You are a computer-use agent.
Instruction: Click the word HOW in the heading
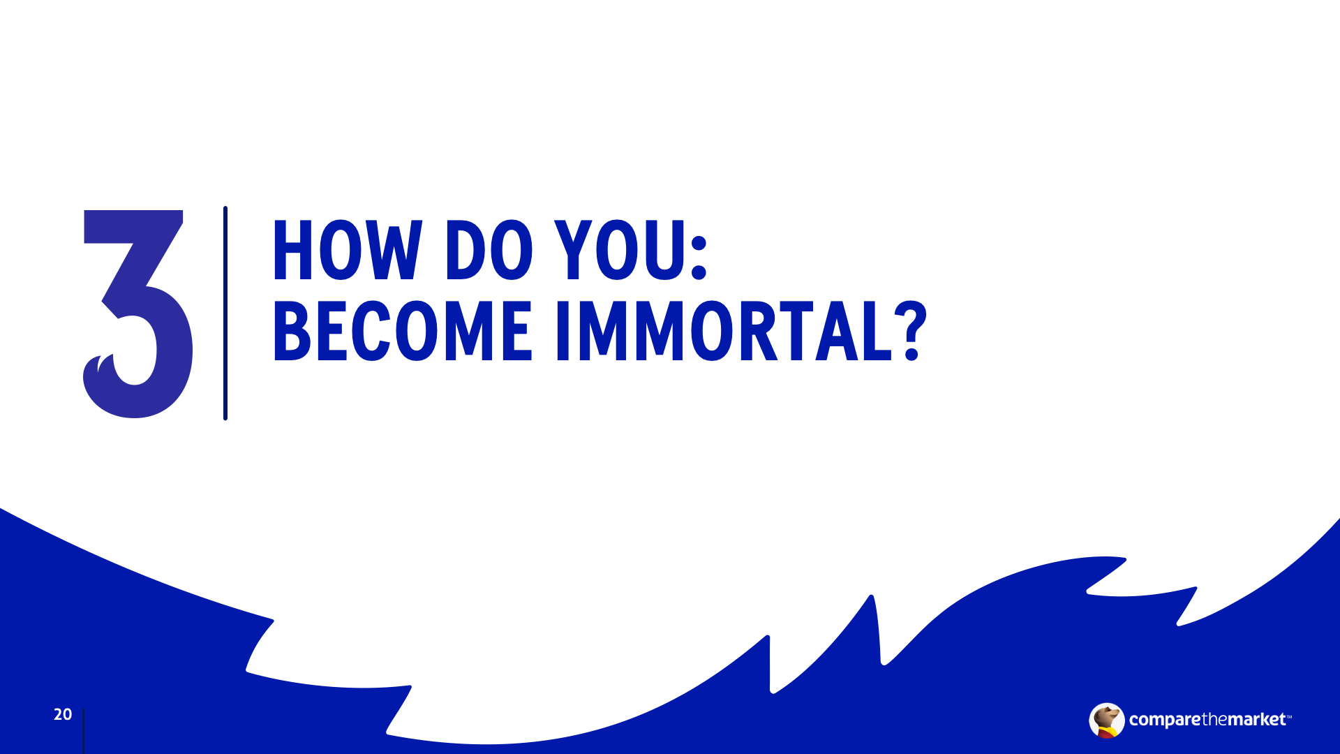pyautogui.click(x=348, y=251)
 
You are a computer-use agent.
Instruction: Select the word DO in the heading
pyautogui.click(x=489, y=251)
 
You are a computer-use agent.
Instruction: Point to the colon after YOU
pyautogui.click(x=699, y=258)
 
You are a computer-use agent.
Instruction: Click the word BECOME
pyautogui.click(x=403, y=331)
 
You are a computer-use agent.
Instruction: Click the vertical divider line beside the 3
pyautogui.click(x=225, y=313)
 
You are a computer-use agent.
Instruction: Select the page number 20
pyautogui.click(x=63, y=714)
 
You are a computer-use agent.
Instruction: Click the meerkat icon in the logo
pyautogui.click(x=1106, y=720)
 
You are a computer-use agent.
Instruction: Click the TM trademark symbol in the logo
pyautogui.click(x=1289, y=716)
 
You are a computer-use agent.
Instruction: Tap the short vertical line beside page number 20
pyautogui.click(x=83, y=731)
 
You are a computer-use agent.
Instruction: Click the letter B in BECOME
pyautogui.click(x=292, y=331)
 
